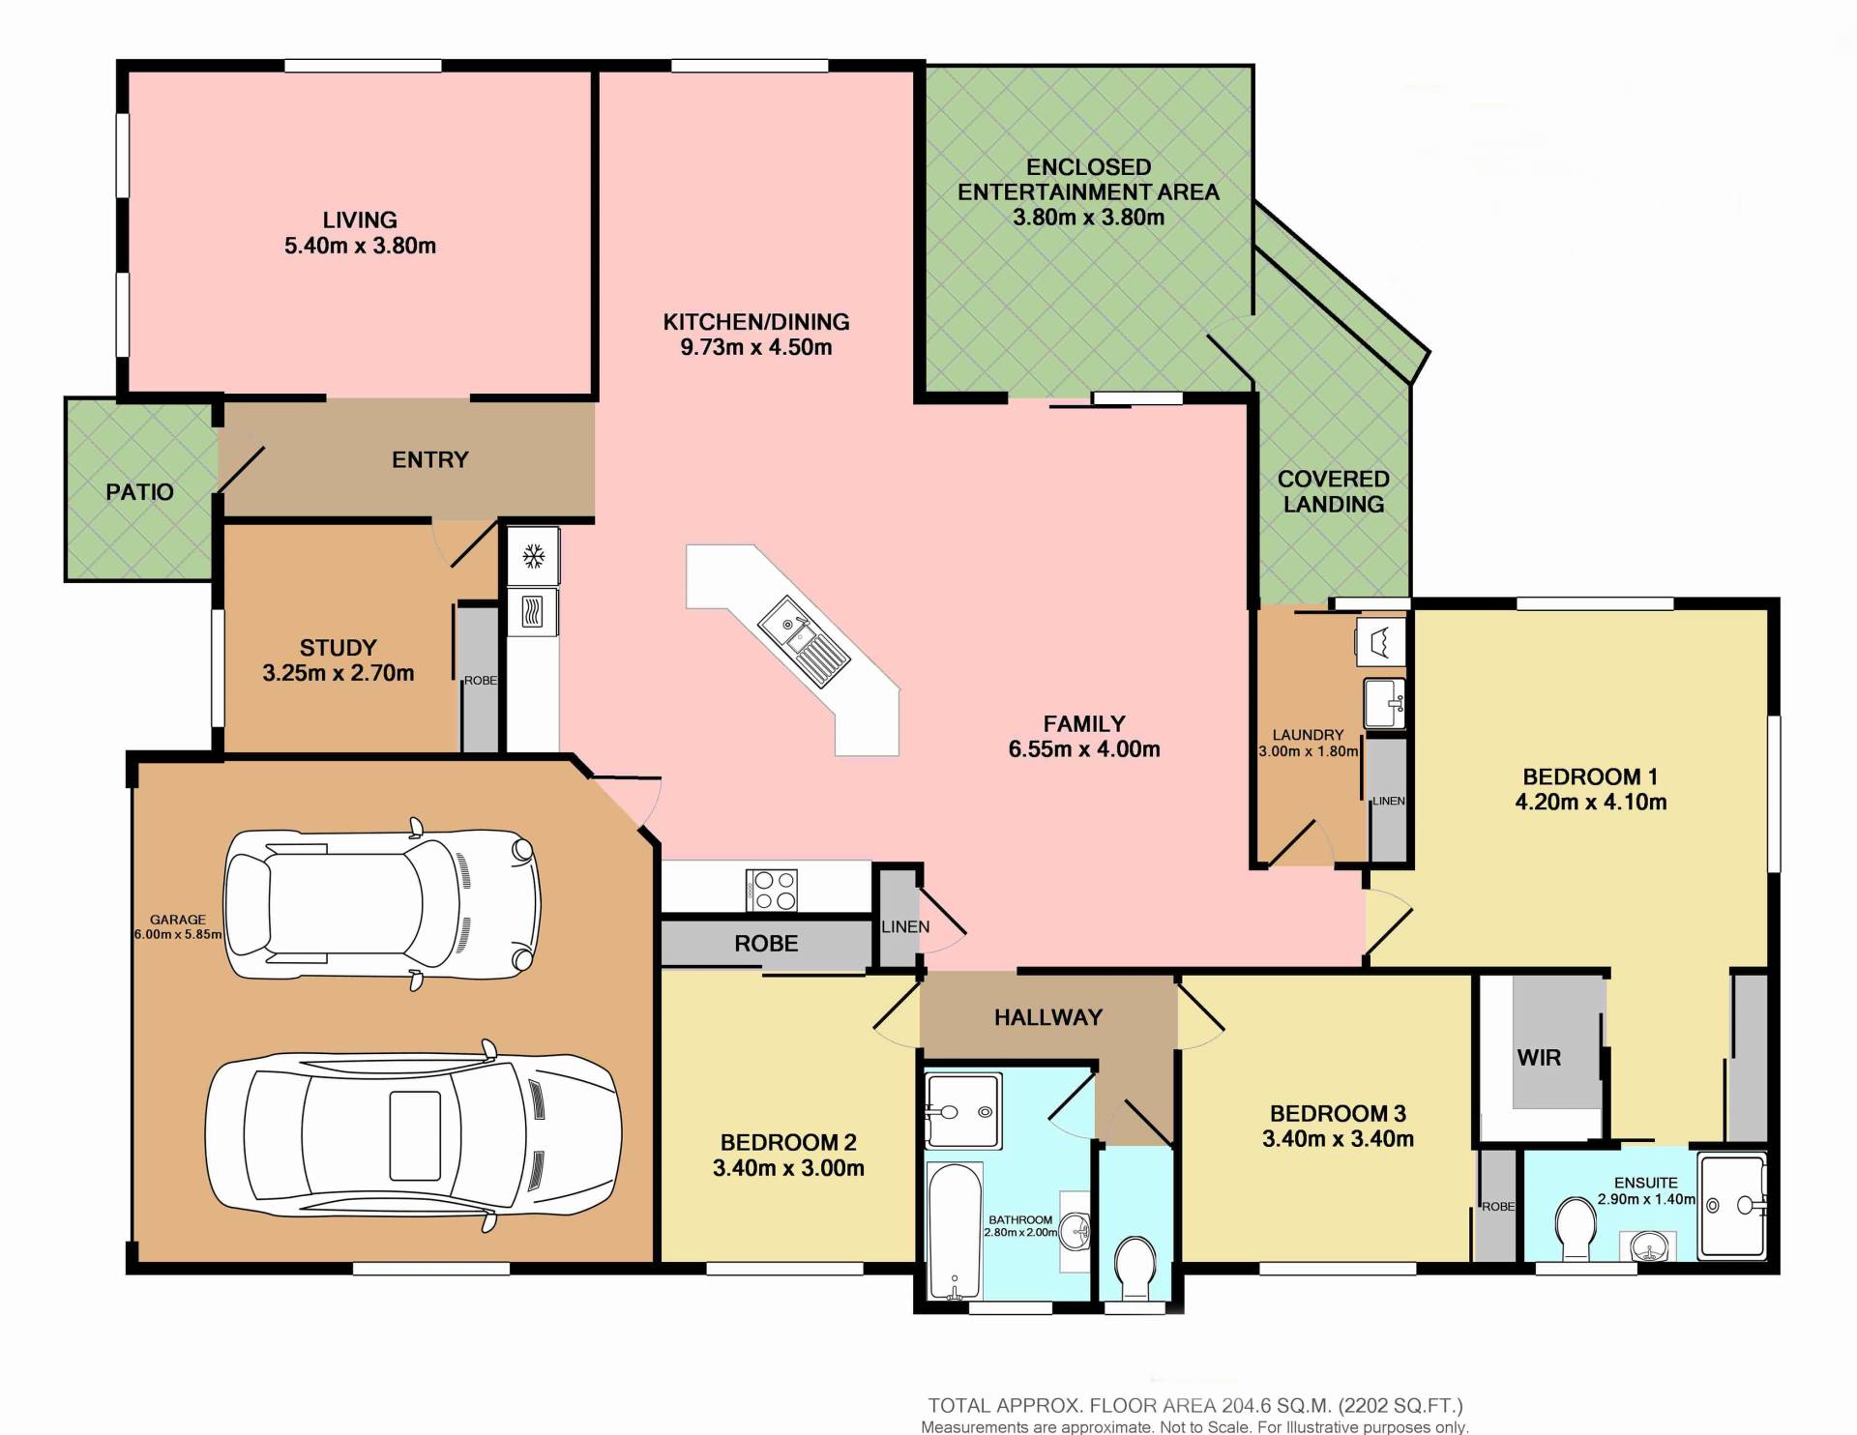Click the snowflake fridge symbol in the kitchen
pos(533,556)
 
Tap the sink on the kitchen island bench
pos(803,642)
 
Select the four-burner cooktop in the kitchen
pos(772,891)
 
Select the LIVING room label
pos(360,220)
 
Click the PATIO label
pos(139,492)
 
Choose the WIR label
pos(1539,1058)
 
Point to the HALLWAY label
pos(1048,1017)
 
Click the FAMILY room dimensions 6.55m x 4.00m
pos(1084,749)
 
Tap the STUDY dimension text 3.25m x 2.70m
pos(339,673)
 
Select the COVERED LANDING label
pos(1334,491)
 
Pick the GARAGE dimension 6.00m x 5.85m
pos(178,935)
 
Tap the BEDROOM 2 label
pos(788,1143)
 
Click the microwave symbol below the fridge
pos(533,611)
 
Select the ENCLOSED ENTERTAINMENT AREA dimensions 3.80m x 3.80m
pos(1088,218)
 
